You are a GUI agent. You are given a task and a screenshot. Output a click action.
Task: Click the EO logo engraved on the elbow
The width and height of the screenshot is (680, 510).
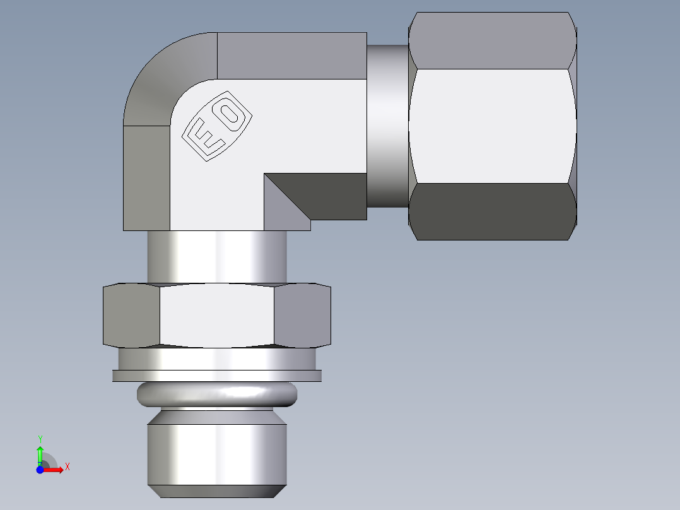click(217, 127)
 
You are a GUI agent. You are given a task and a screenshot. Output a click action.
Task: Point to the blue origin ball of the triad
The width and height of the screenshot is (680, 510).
click(40, 470)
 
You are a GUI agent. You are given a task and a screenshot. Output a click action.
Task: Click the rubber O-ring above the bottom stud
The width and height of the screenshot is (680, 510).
click(216, 395)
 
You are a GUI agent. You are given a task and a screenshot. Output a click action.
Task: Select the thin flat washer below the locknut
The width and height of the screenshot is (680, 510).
click(217, 376)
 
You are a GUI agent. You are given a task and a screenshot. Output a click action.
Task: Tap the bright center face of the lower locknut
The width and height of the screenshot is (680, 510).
click(217, 315)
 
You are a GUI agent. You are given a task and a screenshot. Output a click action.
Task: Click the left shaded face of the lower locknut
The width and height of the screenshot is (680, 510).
click(131, 316)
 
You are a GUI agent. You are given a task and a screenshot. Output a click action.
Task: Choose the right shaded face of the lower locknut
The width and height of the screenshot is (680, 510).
click(302, 316)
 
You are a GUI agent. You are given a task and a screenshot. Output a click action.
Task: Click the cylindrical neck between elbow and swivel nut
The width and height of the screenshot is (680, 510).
click(387, 126)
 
